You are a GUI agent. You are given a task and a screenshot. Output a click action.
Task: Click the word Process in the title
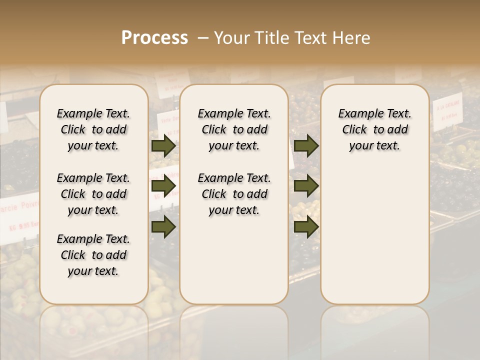click(154, 38)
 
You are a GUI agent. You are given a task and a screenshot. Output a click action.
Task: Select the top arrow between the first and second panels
click(163, 146)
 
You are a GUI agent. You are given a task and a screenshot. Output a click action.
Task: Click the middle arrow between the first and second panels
click(163, 186)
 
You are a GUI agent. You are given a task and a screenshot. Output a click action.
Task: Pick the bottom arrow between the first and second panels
click(163, 227)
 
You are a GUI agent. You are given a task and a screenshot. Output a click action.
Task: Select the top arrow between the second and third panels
click(306, 146)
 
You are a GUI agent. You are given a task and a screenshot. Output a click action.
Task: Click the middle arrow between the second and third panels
click(306, 186)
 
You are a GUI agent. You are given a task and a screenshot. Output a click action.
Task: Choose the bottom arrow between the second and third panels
click(306, 227)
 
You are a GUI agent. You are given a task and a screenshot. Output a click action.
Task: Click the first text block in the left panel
click(93, 129)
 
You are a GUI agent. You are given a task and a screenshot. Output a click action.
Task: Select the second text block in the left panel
click(93, 194)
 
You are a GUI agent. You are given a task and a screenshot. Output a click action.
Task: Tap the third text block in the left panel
click(93, 255)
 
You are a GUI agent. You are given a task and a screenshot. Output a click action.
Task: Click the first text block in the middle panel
click(234, 129)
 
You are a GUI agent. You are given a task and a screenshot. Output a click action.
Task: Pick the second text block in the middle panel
click(234, 194)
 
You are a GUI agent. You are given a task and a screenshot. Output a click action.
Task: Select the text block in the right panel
click(374, 129)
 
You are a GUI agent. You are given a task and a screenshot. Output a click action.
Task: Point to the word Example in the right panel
click(356, 113)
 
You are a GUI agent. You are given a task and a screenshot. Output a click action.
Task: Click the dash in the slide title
click(203, 38)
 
